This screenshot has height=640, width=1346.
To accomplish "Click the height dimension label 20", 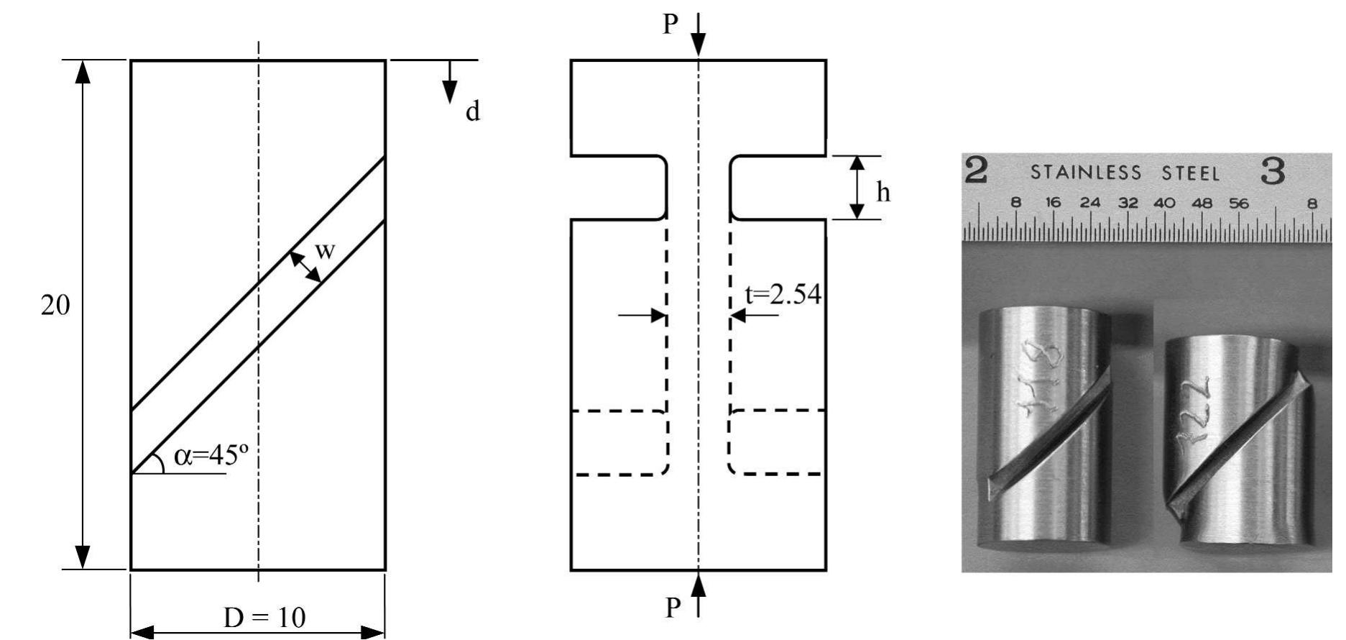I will pyautogui.click(x=55, y=306).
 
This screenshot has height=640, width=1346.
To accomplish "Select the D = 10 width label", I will pyautogui.click(x=264, y=618).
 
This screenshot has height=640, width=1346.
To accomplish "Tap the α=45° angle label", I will pyautogui.click(x=206, y=456).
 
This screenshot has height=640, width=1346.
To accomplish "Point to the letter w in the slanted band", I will pyautogui.click(x=325, y=251).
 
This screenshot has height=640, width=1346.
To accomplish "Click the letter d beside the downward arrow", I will pyautogui.click(x=472, y=112).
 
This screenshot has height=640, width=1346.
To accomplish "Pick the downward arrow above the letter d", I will pyautogui.click(x=450, y=82).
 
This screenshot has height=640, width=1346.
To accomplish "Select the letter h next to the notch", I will pyautogui.click(x=882, y=192).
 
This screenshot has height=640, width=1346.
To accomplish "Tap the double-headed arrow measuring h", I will pyautogui.click(x=857, y=188).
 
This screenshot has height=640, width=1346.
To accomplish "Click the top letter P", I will pyautogui.click(x=670, y=25).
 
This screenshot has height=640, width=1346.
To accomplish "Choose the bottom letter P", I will pyautogui.click(x=672, y=608).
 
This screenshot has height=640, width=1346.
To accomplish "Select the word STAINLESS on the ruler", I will pyautogui.click(x=1086, y=173).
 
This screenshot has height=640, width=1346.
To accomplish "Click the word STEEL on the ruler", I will pyautogui.click(x=1191, y=173).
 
